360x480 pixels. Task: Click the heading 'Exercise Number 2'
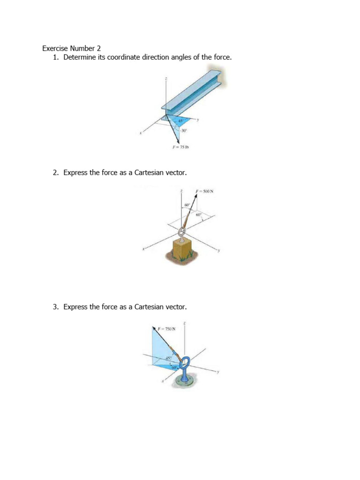point(71,48)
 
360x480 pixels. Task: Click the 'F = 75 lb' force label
point(180,147)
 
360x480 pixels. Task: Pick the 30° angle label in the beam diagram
point(184,131)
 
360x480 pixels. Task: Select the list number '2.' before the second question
point(56,173)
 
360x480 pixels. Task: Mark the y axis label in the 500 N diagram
point(218,251)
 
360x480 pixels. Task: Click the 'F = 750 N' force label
point(167,329)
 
